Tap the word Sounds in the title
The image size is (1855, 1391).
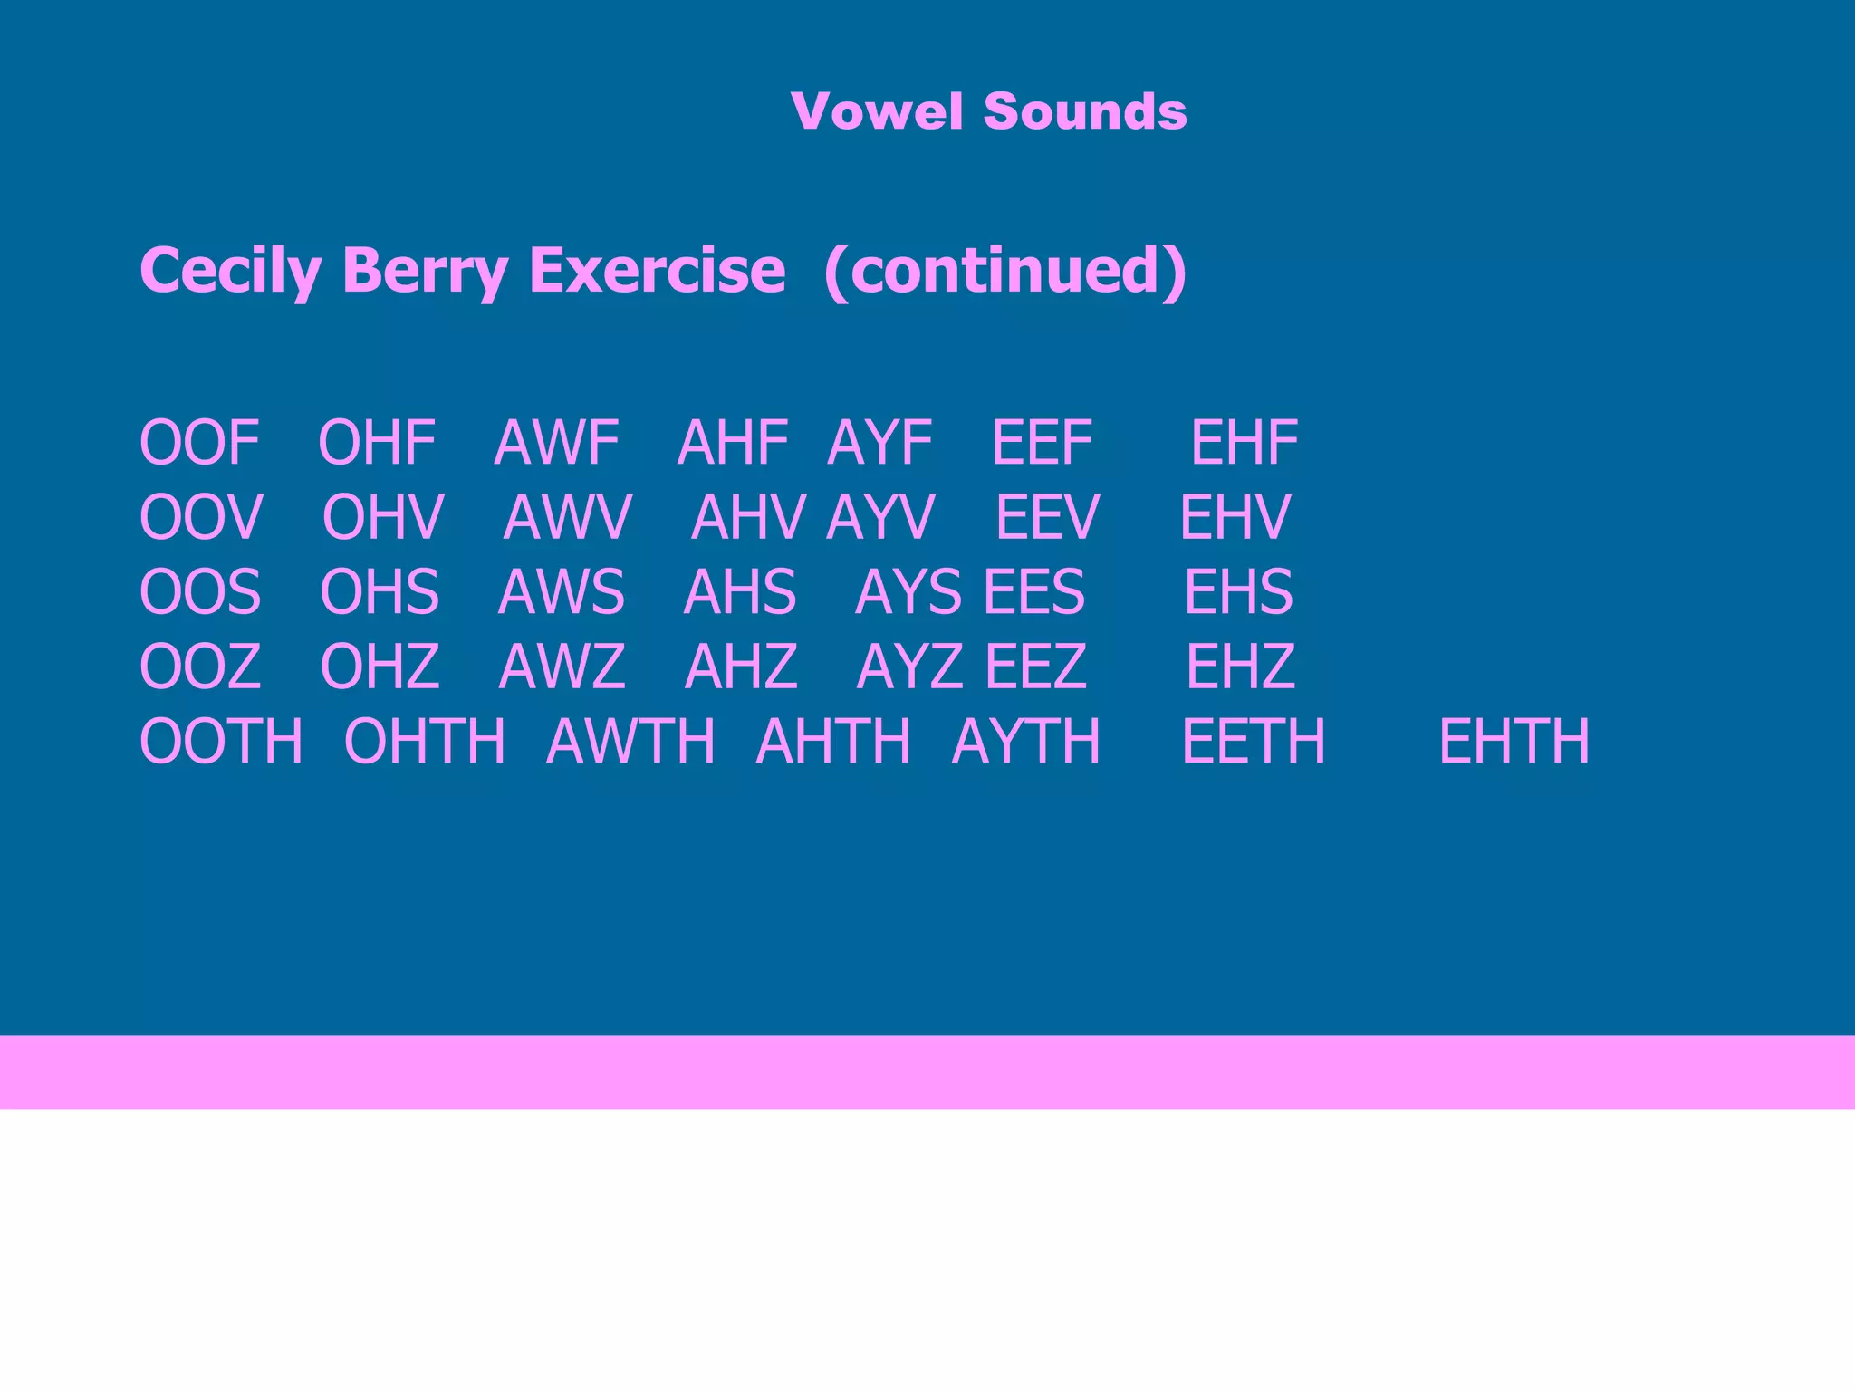[1084, 111]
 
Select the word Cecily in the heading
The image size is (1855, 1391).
[231, 270]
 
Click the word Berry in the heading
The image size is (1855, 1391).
[426, 270]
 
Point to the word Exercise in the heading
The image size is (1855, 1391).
[657, 270]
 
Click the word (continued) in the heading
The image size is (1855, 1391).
[1005, 270]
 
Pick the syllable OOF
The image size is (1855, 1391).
[200, 443]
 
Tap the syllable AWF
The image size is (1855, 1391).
[556, 443]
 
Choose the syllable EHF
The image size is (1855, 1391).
[1244, 443]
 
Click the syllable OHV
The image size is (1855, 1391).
[383, 517]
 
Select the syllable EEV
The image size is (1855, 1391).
[1047, 517]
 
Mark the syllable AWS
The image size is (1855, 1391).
[561, 591]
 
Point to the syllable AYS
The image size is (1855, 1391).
[908, 591]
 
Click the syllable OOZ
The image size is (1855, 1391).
[200, 666]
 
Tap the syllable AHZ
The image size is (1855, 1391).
[741, 666]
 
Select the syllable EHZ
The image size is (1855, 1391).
[1240, 666]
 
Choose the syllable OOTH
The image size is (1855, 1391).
[221, 741]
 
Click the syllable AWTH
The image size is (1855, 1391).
[630, 741]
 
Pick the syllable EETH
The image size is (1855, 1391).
[1254, 741]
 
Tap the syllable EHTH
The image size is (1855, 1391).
[1514, 741]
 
